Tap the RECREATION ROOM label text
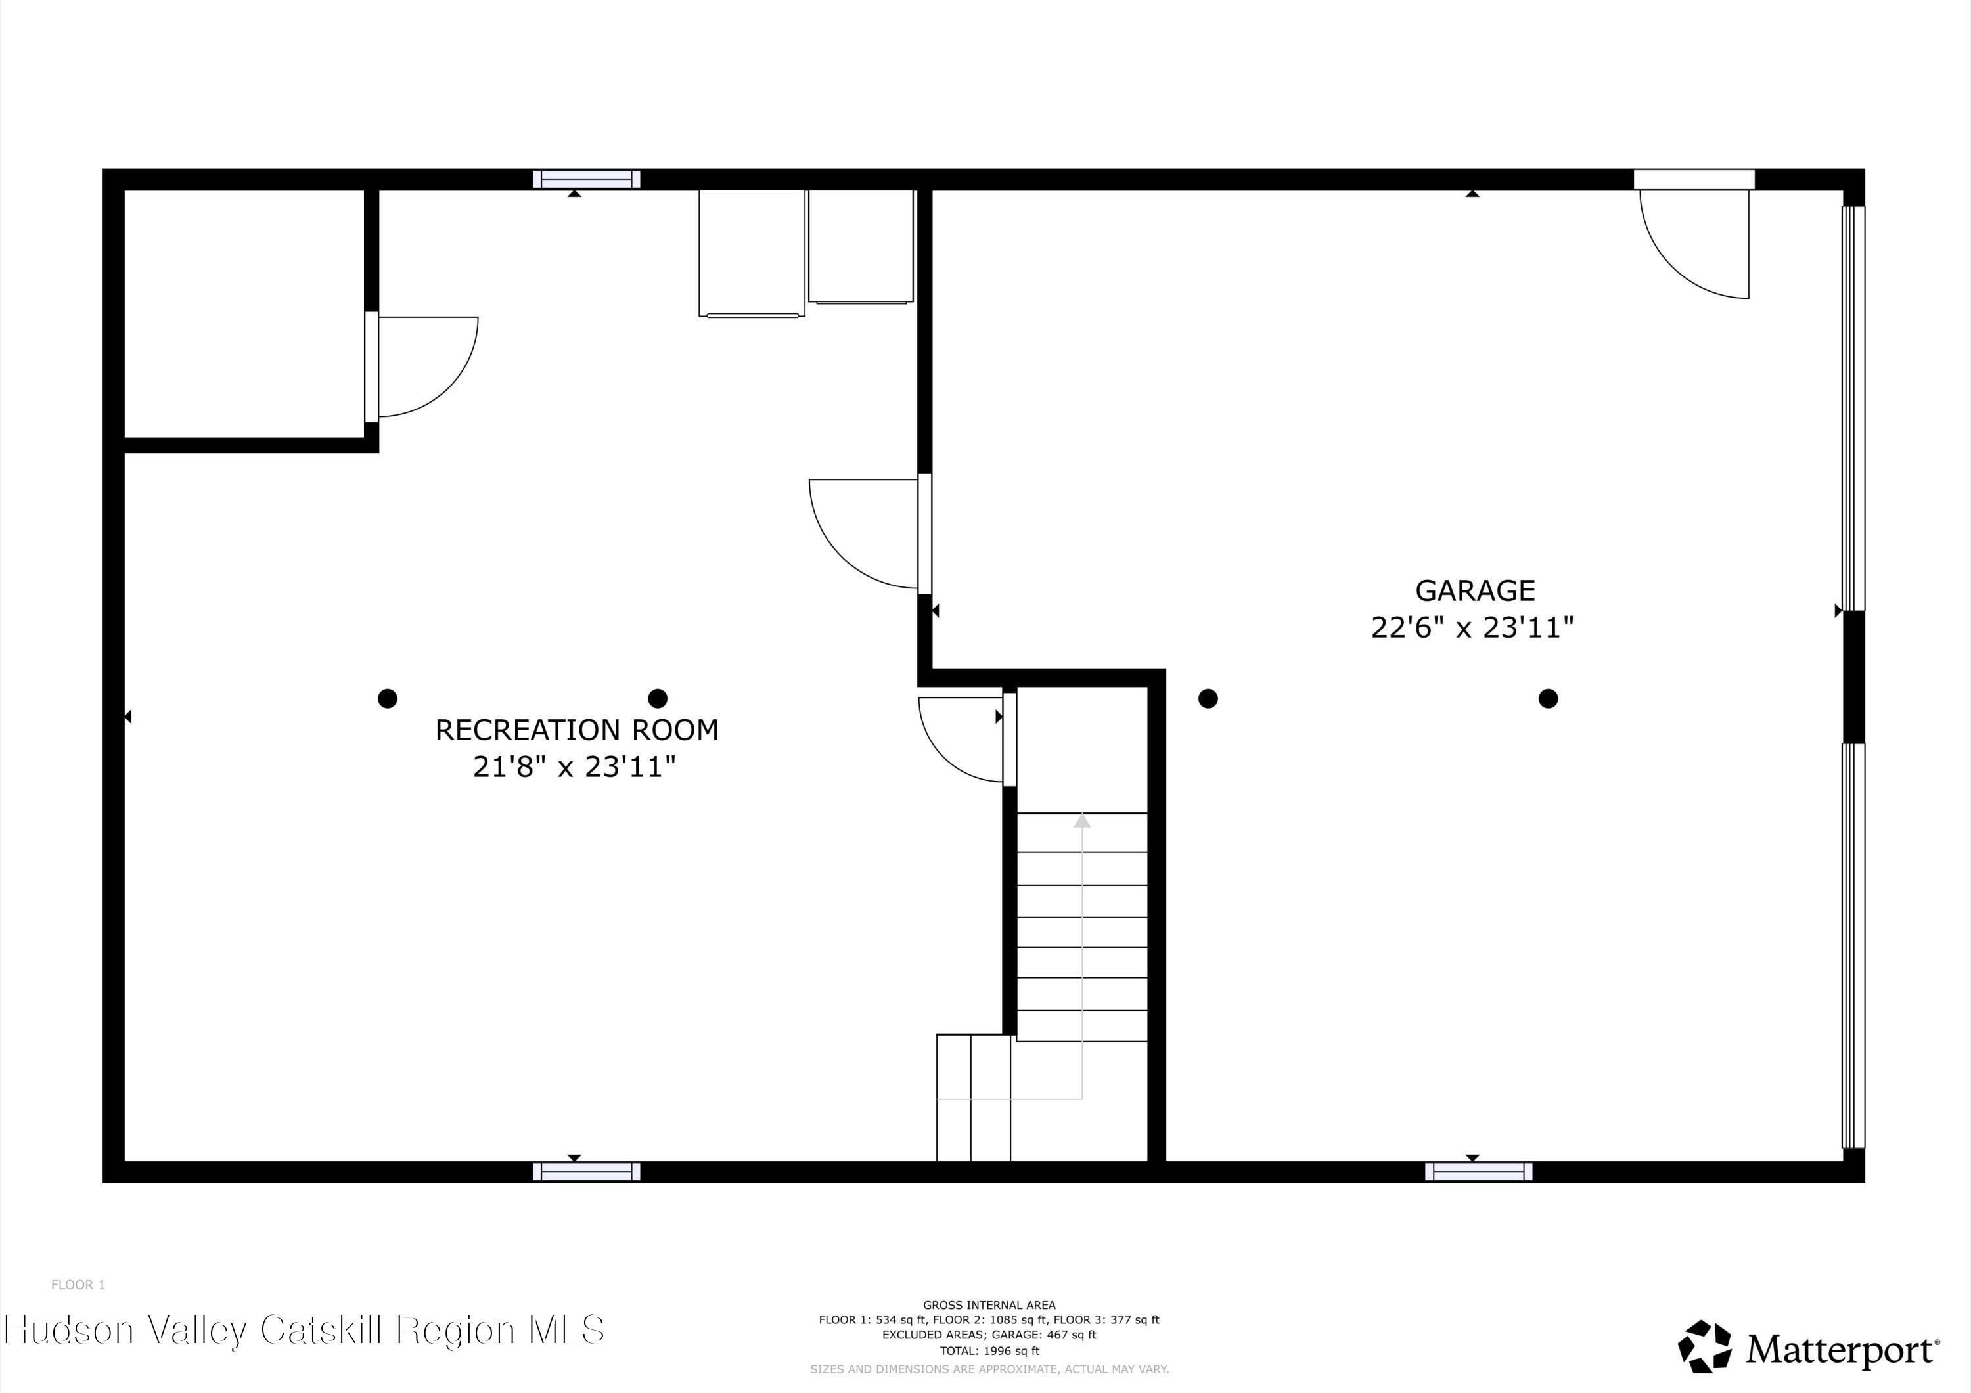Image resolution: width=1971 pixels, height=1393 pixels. point(577,730)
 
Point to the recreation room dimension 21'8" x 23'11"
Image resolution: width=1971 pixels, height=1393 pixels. point(574,766)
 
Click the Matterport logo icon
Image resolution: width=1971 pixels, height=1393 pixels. point(1704,1346)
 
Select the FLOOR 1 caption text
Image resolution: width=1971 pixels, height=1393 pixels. point(78,1285)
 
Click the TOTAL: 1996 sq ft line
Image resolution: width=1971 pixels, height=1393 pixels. point(989,1351)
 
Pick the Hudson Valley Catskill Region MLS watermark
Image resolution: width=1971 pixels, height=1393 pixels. point(305,1329)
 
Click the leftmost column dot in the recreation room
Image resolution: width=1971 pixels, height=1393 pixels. point(387,699)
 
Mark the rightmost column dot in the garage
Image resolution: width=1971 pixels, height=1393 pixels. point(1548,699)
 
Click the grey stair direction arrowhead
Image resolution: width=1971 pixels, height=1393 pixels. point(1081,822)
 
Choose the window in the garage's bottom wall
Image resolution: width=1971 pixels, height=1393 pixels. point(1478,1172)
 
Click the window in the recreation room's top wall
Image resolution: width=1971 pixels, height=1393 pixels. point(586,179)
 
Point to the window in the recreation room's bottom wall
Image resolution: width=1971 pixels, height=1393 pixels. point(586,1172)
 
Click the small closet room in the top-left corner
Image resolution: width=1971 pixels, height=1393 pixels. point(244,313)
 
